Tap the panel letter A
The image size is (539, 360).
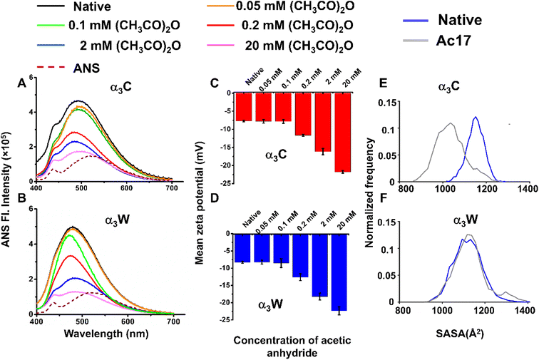click(x=22, y=83)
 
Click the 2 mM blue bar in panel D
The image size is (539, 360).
click(x=323, y=264)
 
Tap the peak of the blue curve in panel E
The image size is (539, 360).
click(x=476, y=118)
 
